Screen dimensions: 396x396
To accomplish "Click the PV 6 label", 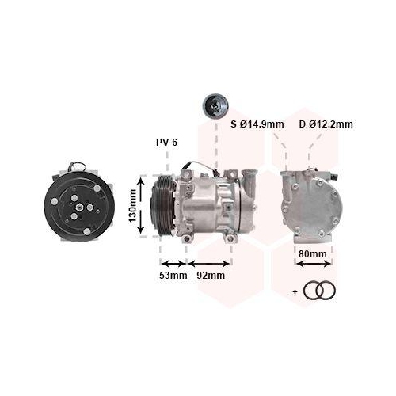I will (x=167, y=143).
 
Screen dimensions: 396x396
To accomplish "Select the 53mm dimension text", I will (x=173, y=276).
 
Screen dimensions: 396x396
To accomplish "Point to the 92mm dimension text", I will (x=211, y=276).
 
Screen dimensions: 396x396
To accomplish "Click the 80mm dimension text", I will (x=313, y=254).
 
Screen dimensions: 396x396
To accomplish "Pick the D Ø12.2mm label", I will (x=326, y=124).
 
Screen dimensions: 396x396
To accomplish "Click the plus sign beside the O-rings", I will (x=295, y=291).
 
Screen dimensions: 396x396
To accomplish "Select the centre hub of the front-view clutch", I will (x=79, y=205).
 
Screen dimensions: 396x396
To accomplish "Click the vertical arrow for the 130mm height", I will (x=142, y=206).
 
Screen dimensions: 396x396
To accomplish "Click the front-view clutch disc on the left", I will (x=79, y=205).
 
